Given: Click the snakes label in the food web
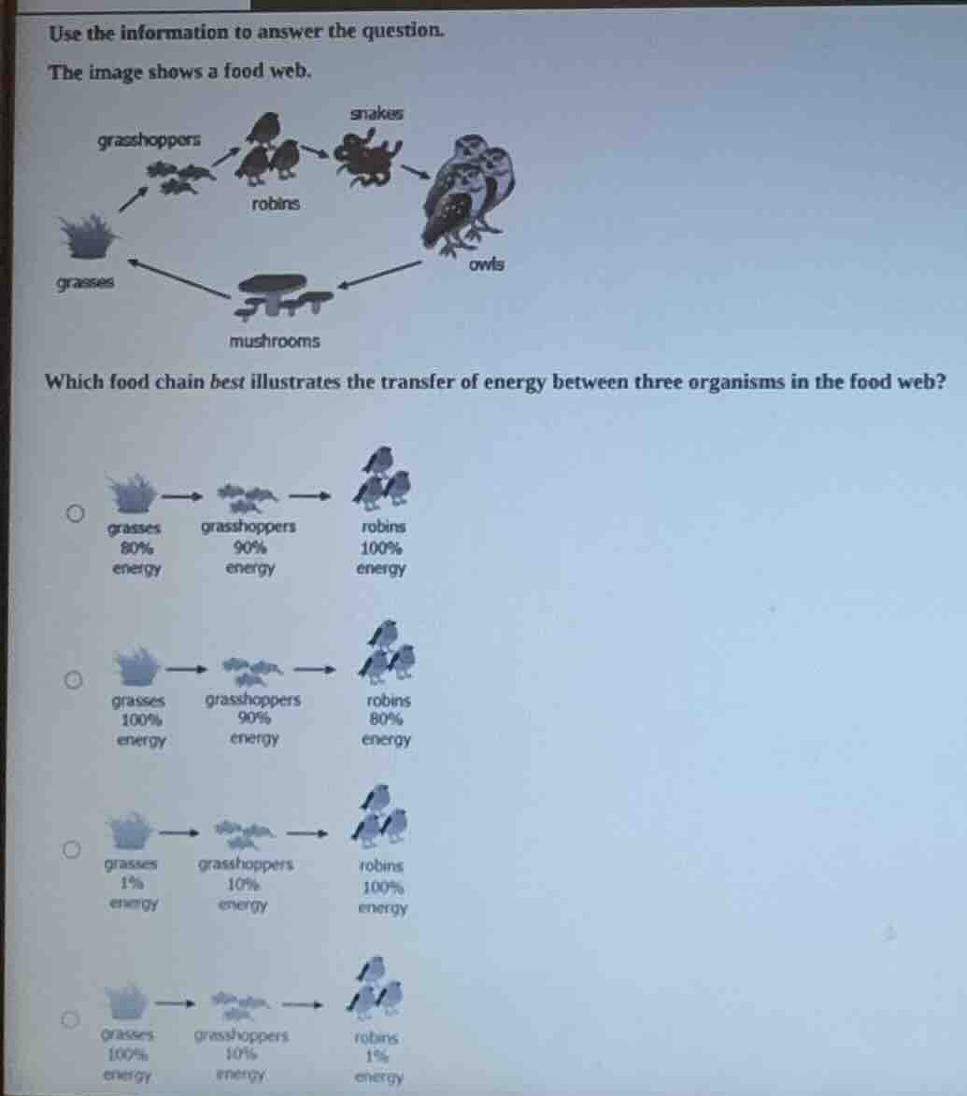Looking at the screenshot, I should click(377, 113).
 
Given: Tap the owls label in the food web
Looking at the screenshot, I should click(487, 264).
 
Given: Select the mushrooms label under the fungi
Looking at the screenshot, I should click(275, 342).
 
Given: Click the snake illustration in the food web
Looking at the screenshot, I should click(368, 150).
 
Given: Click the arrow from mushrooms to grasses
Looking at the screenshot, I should click(178, 278).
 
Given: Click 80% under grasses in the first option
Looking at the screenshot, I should click(136, 548).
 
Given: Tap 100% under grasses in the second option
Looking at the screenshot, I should click(141, 719).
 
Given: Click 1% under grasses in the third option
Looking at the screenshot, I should click(132, 883).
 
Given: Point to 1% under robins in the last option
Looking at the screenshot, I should click(377, 1057).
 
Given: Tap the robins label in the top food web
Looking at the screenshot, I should click(276, 204).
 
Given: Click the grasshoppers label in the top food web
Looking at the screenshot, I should click(149, 141).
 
